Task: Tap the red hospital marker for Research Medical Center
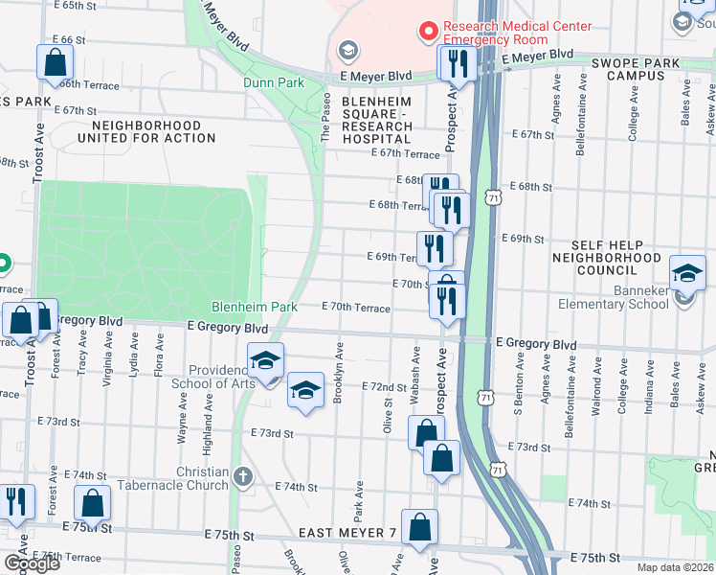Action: (428, 32)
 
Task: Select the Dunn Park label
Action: (273, 83)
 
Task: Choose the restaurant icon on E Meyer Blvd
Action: (457, 63)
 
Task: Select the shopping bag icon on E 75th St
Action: (419, 526)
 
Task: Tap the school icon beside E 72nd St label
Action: (305, 390)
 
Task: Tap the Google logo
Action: (31, 563)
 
